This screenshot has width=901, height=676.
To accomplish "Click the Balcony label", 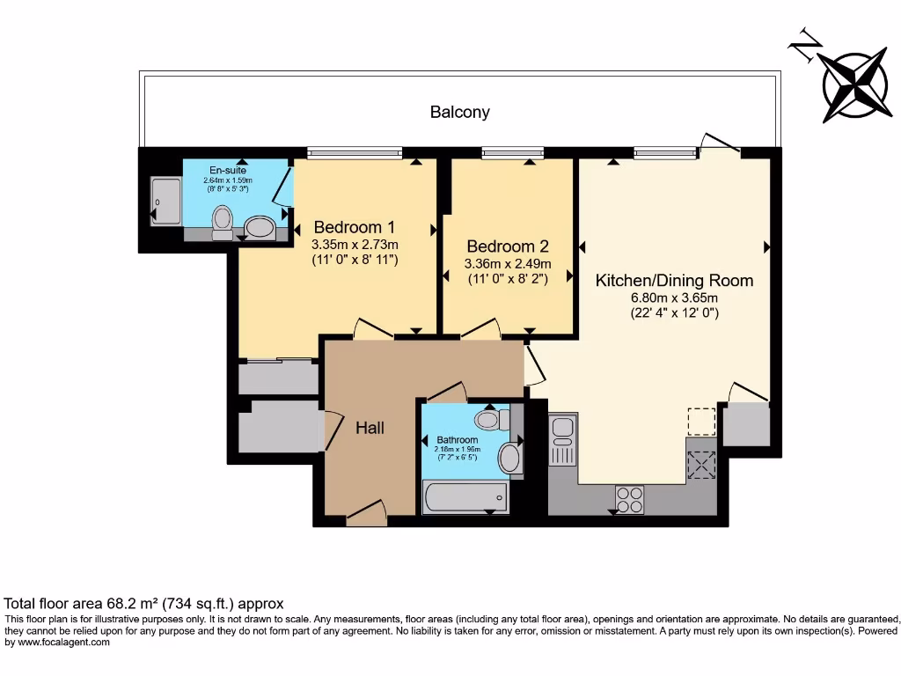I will [459, 112].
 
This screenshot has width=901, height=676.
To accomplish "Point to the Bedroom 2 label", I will [508, 246].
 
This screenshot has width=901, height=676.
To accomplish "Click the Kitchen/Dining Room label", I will [674, 280].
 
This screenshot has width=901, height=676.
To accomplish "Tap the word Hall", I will [370, 428].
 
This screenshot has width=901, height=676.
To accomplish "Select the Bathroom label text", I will [458, 439].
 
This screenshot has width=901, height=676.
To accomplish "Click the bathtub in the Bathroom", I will [465, 497].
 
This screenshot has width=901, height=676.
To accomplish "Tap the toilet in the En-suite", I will [223, 220].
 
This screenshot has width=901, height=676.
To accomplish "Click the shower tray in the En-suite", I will [165, 201].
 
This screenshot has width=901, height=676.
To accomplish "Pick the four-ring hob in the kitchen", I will [629, 499].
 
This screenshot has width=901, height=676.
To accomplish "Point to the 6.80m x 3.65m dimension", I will [674, 297].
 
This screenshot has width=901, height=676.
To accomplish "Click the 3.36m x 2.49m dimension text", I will [508, 263].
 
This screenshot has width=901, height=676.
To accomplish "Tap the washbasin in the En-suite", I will [260, 227].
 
